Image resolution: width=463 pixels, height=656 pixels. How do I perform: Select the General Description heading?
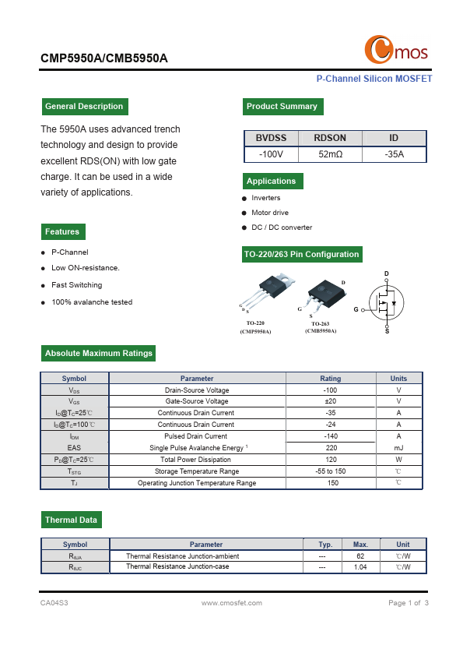(84, 107)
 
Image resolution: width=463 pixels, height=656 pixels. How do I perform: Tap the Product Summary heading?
(282, 107)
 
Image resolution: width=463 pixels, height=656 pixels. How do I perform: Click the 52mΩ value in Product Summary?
(331, 154)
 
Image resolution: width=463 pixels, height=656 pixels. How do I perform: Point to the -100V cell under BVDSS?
(271, 154)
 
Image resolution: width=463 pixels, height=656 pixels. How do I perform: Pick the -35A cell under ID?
(394, 154)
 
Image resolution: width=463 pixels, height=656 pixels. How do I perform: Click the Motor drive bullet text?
(269, 213)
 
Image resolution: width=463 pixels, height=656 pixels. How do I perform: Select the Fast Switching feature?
(76, 285)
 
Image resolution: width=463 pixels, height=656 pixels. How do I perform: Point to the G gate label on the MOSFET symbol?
(356, 309)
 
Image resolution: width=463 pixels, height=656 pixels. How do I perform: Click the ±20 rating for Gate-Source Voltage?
(330, 401)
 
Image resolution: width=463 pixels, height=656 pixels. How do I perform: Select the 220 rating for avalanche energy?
(330, 448)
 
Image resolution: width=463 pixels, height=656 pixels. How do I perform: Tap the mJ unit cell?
(398, 448)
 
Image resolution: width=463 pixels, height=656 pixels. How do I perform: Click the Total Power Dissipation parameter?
(196, 460)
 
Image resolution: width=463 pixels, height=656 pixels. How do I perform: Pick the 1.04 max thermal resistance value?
(360, 567)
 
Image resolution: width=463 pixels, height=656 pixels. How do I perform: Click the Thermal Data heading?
(71, 520)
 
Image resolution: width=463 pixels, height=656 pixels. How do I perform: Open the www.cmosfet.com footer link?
(231, 603)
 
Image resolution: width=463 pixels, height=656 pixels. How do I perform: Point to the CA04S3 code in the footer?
(54, 603)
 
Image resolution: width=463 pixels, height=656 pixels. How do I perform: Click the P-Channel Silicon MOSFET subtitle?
(374, 79)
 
